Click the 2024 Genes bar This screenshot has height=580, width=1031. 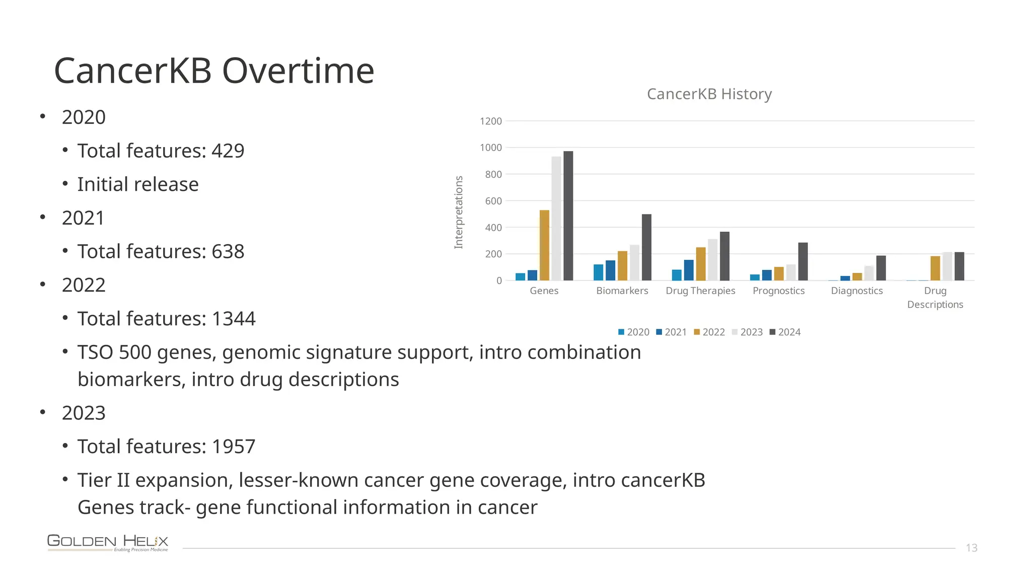(x=568, y=216)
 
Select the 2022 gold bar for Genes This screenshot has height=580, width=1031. (x=544, y=246)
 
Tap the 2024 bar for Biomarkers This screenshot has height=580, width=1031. (x=646, y=248)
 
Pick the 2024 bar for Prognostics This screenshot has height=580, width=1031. (x=803, y=262)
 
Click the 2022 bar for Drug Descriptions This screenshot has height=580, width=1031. (x=935, y=268)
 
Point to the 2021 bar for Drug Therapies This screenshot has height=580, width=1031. (x=689, y=270)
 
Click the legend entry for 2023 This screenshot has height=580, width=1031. (x=747, y=332)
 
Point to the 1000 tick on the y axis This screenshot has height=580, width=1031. (x=491, y=148)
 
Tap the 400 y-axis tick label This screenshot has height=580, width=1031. (x=493, y=228)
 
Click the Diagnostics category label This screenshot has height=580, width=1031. (x=857, y=291)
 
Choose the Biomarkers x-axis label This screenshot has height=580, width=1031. (x=622, y=291)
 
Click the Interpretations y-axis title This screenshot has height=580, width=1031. (x=459, y=212)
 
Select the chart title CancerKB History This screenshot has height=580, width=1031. (x=709, y=94)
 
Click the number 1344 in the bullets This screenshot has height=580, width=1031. (x=234, y=319)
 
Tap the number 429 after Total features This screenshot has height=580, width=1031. (x=228, y=151)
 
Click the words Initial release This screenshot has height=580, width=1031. (x=138, y=184)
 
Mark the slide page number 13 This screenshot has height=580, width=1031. (x=971, y=548)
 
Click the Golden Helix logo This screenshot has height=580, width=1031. (x=108, y=543)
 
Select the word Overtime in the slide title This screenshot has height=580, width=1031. (x=298, y=70)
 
